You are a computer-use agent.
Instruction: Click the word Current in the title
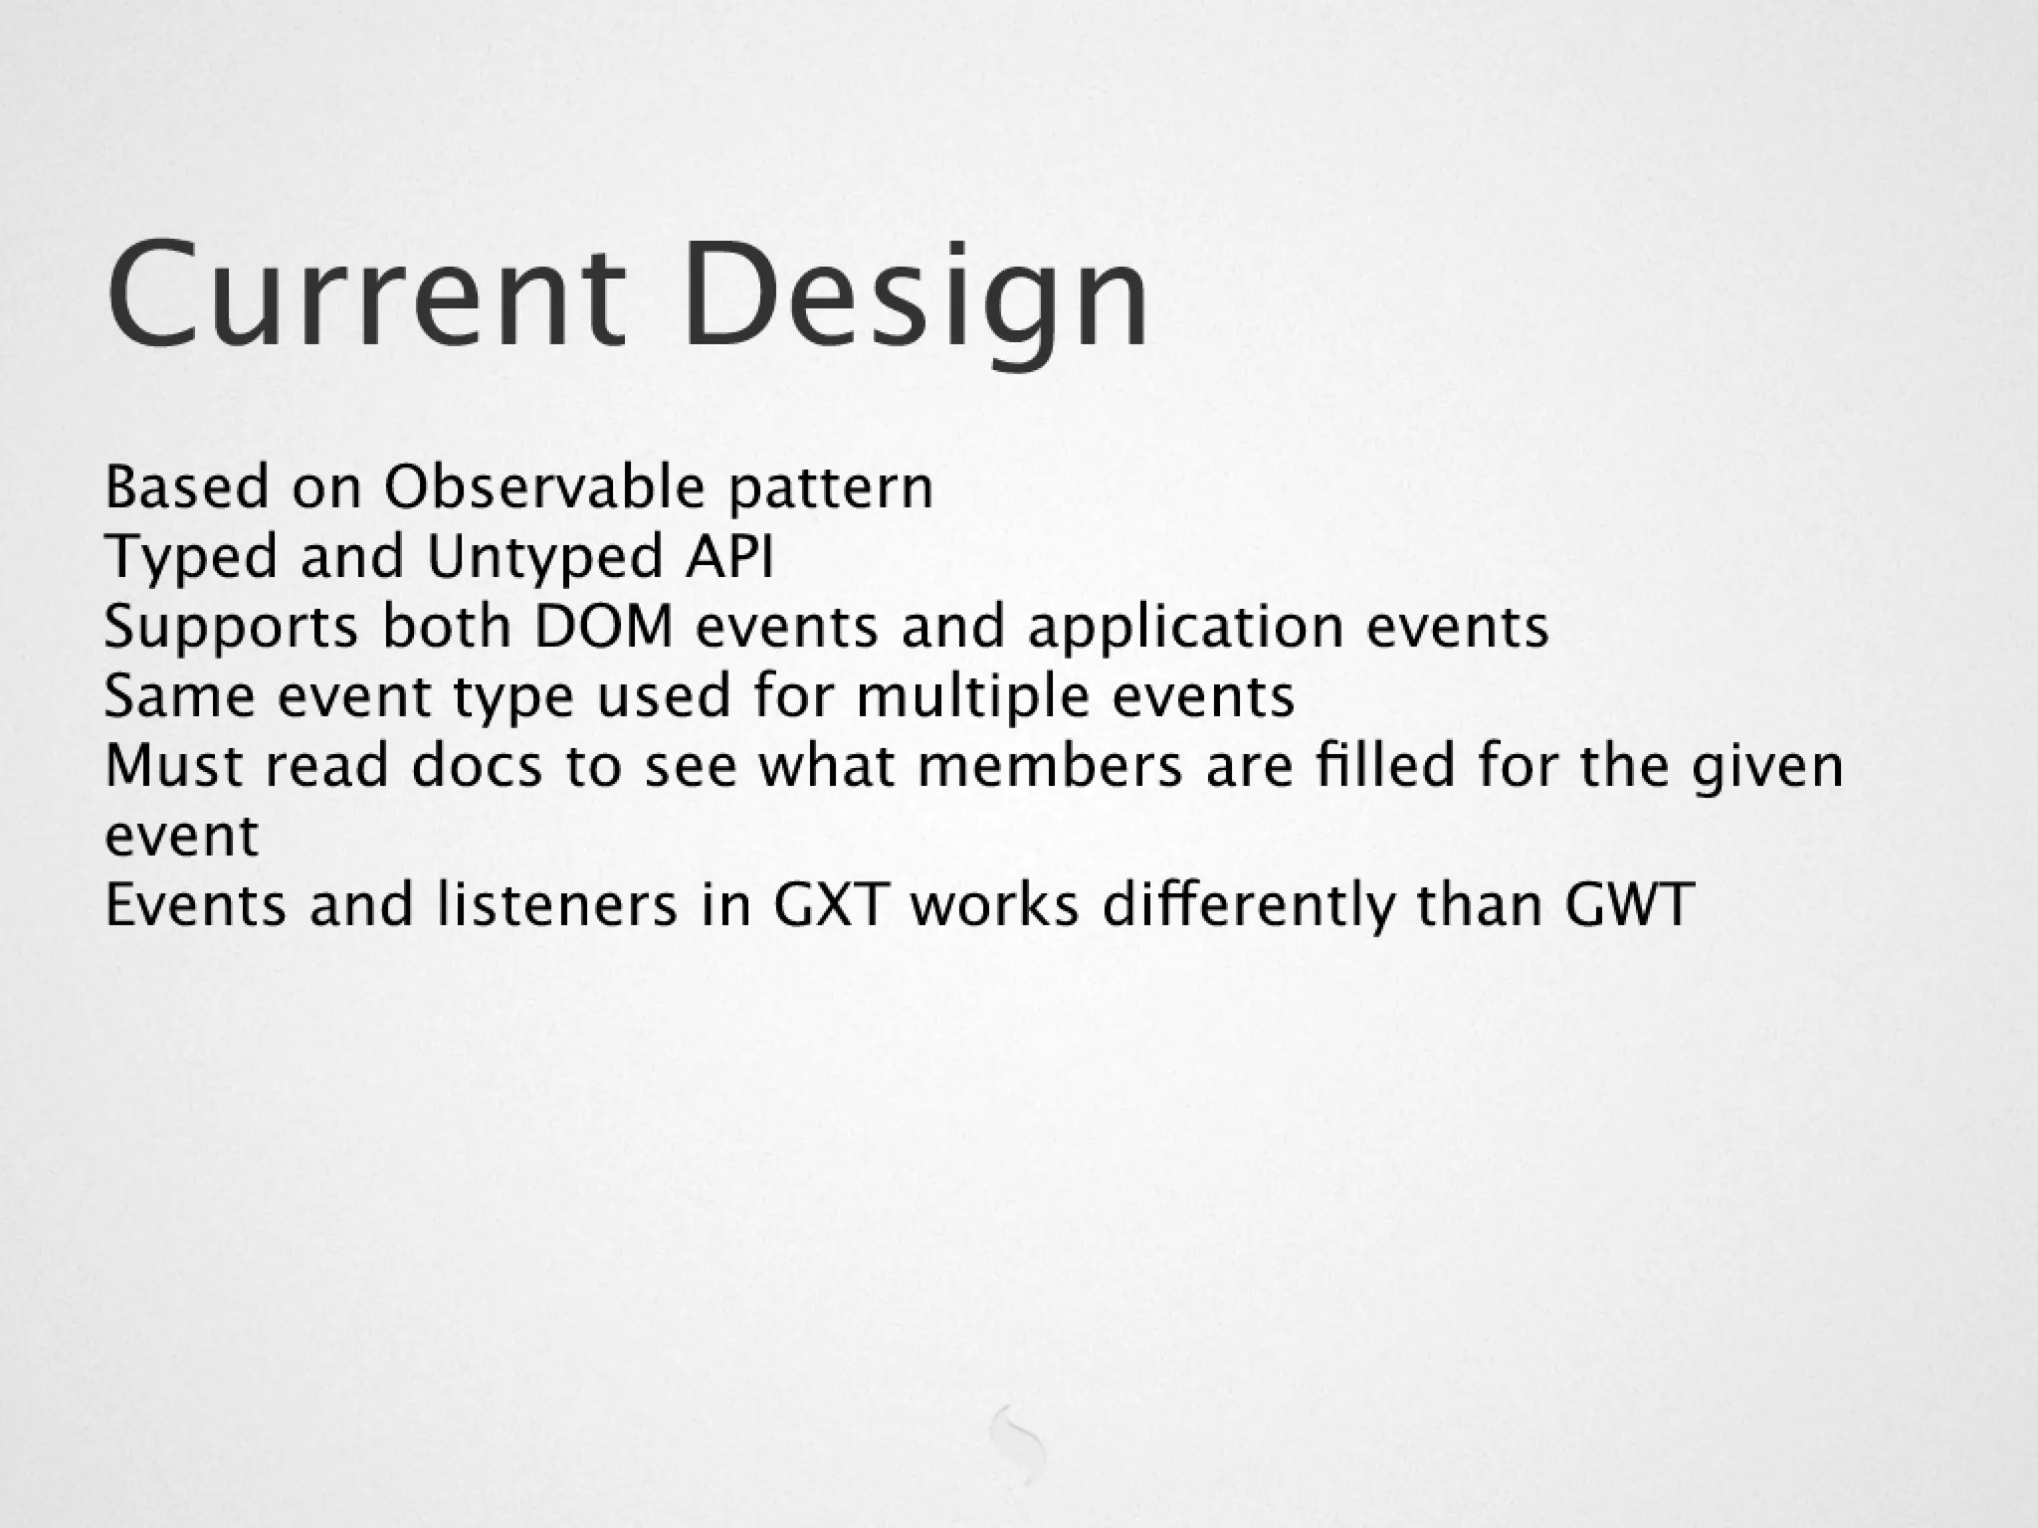366,295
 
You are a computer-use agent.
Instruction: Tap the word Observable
544,488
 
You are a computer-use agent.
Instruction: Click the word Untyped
544,558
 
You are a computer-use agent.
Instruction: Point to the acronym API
728,556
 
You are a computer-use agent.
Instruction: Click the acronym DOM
604,628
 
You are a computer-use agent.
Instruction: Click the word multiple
973,697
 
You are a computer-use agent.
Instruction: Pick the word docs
477,766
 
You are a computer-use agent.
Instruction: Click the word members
1050,766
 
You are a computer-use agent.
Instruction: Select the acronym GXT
829,905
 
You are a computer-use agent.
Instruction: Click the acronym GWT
1629,905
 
